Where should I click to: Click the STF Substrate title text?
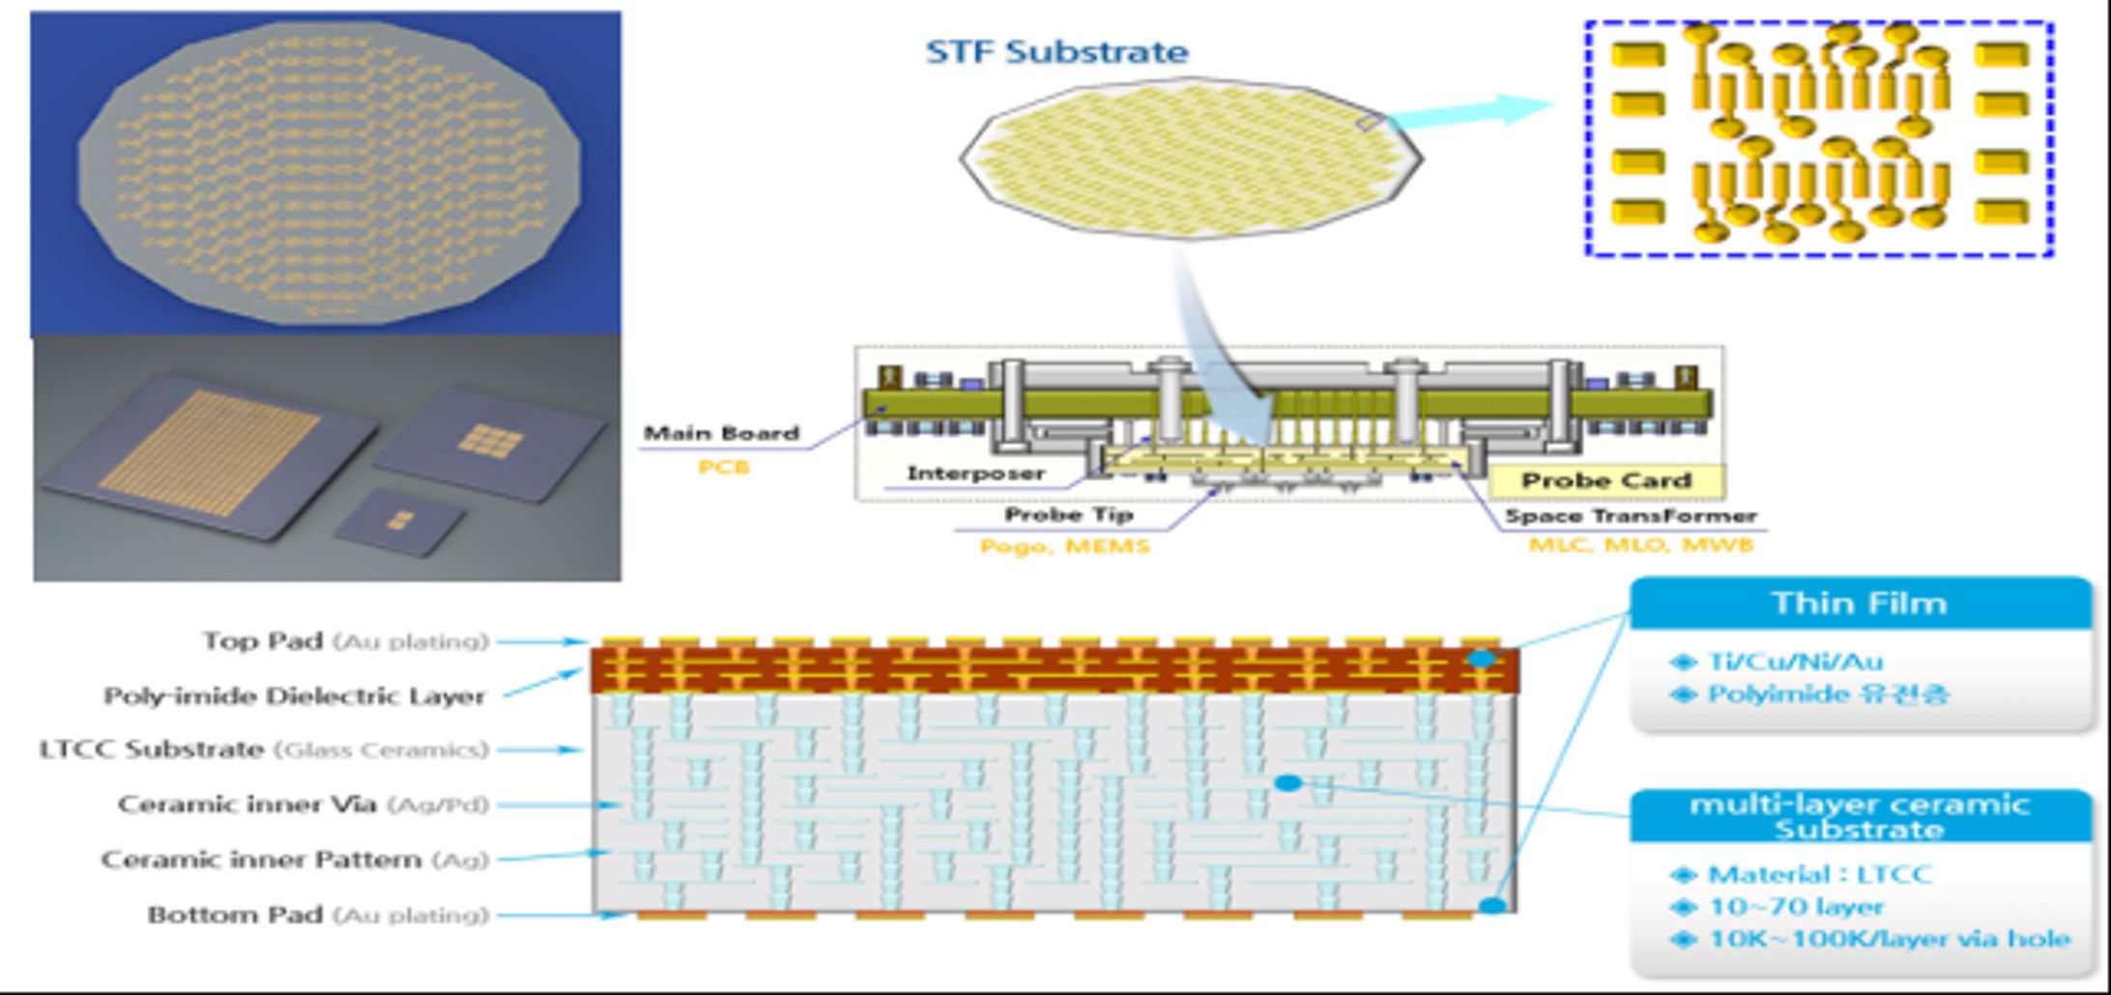pyautogui.click(x=1056, y=52)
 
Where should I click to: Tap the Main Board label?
pyautogui.click(x=721, y=433)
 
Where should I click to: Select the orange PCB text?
pyautogui.click(x=723, y=467)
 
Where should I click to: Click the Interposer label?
pyautogui.click(x=975, y=474)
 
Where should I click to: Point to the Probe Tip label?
pyautogui.click(x=1068, y=514)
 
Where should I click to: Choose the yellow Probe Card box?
pyautogui.click(x=1605, y=481)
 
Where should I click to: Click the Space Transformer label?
pyautogui.click(x=1630, y=516)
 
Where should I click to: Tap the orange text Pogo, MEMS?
pyautogui.click(x=1064, y=546)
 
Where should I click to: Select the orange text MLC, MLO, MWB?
pyautogui.click(x=1640, y=545)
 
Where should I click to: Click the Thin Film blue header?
pyautogui.click(x=1859, y=603)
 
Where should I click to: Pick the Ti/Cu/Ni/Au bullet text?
pyautogui.click(x=1795, y=661)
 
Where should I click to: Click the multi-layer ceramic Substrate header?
pyautogui.click(x=1859, y=817)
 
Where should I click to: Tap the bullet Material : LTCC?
pyautogui.click(x=1819, y=874)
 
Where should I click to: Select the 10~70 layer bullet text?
pyautogui.click(x=1796, y=907)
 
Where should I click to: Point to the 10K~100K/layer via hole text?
pyautogui.click(x=1889, y=939)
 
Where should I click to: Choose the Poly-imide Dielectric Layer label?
pyautogui.click(x=294, y=696)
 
